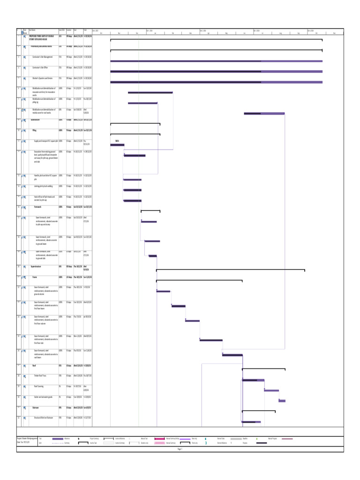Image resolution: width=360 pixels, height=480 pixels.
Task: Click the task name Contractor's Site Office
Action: tap(42, 67)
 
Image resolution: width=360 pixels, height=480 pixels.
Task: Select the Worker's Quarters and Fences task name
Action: tap(43, 78)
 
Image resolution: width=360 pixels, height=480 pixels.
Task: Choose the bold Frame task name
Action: tap(34, 277)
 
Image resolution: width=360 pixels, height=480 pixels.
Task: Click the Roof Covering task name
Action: tap(39, 386)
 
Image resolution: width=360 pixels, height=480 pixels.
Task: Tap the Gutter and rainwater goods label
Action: tap(44, 397)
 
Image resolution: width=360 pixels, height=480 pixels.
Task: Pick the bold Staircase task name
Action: tap(36, 407)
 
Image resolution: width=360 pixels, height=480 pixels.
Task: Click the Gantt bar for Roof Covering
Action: tap(271, 390)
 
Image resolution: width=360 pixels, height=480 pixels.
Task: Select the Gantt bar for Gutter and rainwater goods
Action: tap(282, 401)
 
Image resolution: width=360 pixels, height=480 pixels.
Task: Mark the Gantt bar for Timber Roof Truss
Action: tap(253, 380)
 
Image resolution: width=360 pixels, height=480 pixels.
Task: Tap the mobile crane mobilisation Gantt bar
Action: tap(264, 113)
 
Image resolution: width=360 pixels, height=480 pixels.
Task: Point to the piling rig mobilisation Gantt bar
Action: tap(142, 103)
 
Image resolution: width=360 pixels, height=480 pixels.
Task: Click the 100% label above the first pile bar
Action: tap(117, 141)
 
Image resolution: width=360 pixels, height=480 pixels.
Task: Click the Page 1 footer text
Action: tap(180, 449)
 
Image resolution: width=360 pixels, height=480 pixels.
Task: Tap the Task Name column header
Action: tap(32, 30)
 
